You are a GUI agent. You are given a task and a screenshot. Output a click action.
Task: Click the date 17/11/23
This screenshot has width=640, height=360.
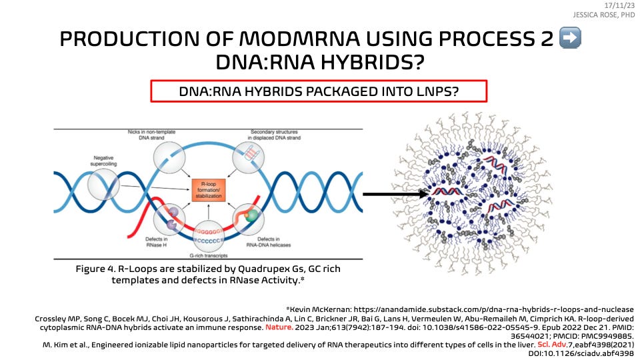click(623, 5)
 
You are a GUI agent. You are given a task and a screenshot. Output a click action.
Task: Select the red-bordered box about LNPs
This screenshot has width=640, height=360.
click(319, 91)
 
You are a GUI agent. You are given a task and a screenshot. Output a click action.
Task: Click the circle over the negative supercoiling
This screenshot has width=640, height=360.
click(105, 183)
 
